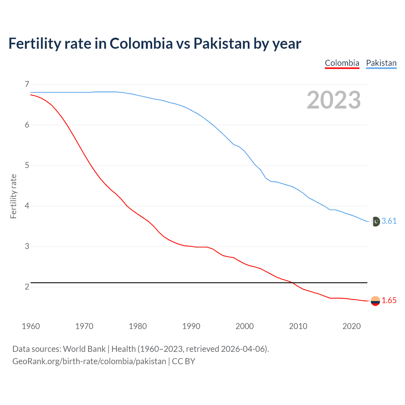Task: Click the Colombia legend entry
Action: tap(342, 63)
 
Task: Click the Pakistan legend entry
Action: tap(381, 63)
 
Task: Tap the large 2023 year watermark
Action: tap(334, 100)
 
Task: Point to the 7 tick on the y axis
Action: tap(27, 84)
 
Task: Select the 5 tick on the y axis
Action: tap(27, 165)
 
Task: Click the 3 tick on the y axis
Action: tap(27, 246)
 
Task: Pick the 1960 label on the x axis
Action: tap(31, 326)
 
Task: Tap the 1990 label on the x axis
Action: tap(191, 326)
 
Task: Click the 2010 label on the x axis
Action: tap(298, 326)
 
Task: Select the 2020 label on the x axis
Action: tap(352, 326)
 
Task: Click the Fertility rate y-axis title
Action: tap(13, 196)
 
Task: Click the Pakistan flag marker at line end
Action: tap(375, 221)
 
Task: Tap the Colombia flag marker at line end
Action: tap(375, 301)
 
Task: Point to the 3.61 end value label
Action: tap(389, 221)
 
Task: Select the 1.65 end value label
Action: tap(389, 301)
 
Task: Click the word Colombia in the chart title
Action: tap(141, 43)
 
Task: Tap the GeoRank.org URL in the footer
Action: tap(89, 361)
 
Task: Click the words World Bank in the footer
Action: tap(84, 349)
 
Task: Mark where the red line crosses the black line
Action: tap(293, 283)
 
